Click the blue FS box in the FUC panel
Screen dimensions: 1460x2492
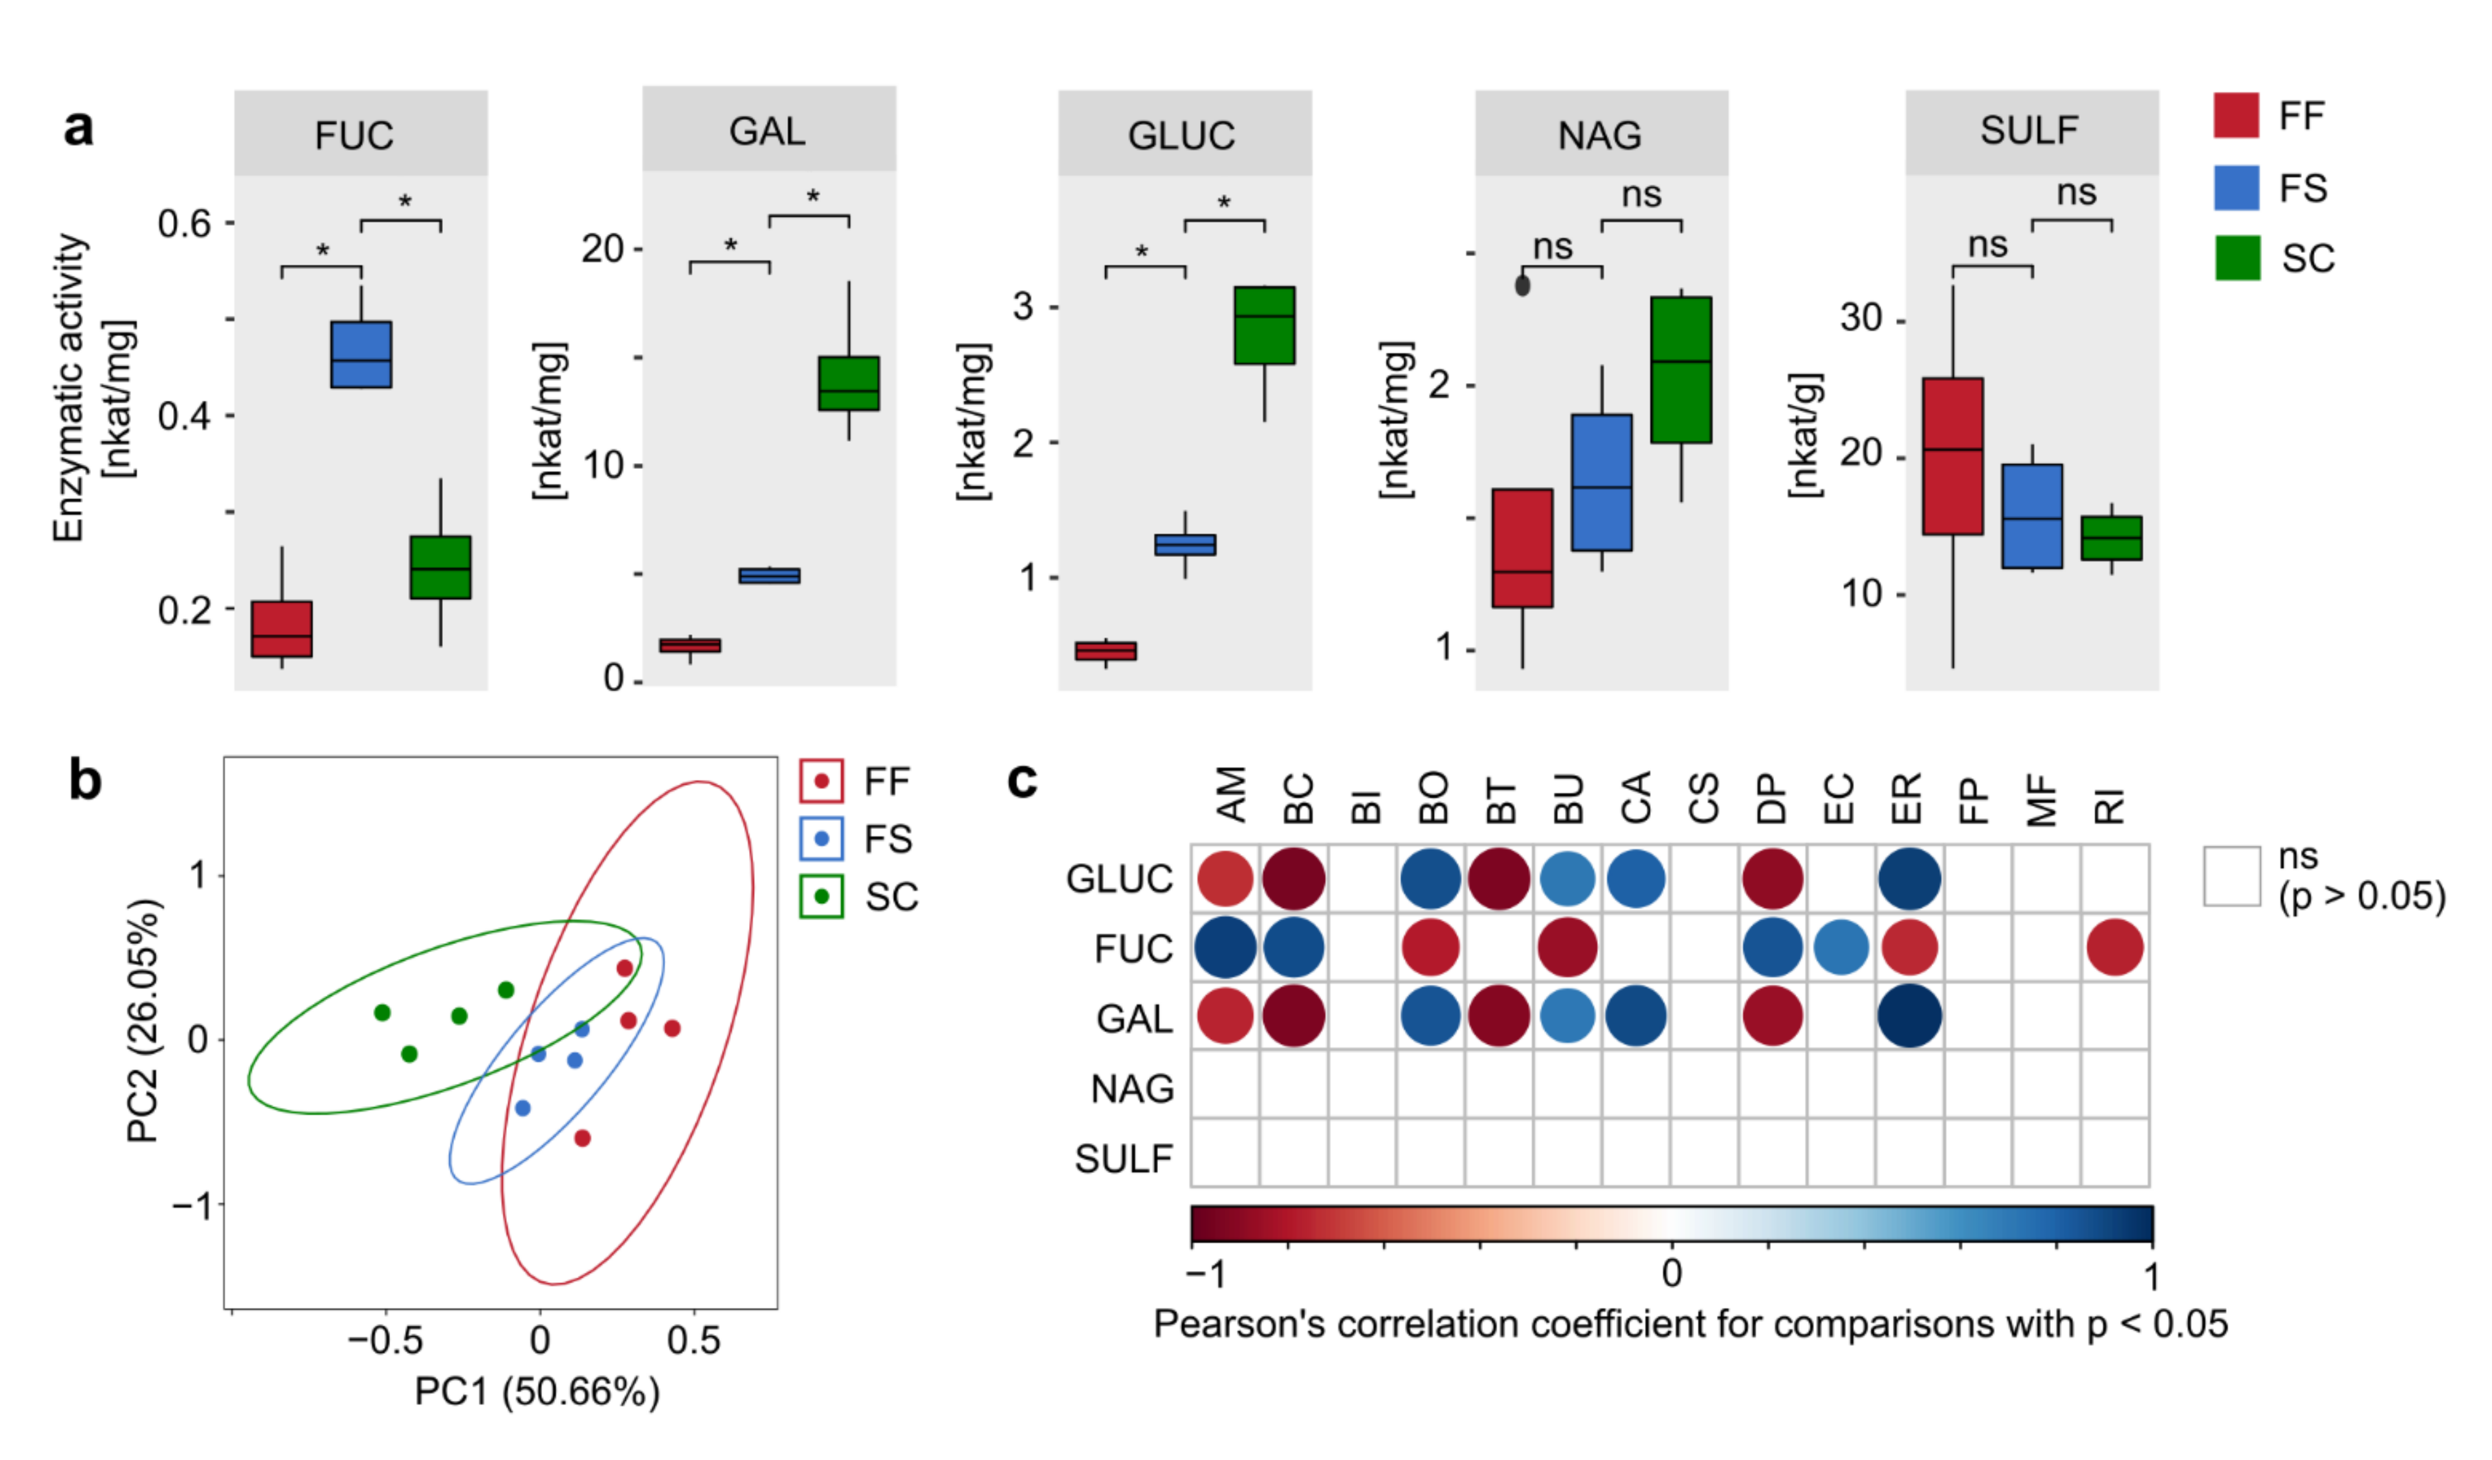[361, 354]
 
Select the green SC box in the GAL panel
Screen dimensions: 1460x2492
[848, 384]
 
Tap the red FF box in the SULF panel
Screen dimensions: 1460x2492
[1953, 456]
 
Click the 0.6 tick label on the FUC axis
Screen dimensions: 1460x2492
[185, 224]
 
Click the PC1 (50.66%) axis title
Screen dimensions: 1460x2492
[537, 1392]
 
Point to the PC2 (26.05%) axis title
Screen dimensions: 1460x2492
[143, 1021]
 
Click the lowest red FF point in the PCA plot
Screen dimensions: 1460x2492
[583, 1138]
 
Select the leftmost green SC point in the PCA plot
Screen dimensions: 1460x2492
[382, 1013]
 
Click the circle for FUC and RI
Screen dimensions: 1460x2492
[2115, 948]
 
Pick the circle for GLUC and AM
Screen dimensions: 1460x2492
[1225, 878]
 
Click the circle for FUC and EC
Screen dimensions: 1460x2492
[1841, 948]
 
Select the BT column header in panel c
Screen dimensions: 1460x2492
[1500, 799]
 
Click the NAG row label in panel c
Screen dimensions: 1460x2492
[1132, 1089]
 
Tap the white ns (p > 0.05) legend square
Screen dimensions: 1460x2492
[2232, 876]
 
